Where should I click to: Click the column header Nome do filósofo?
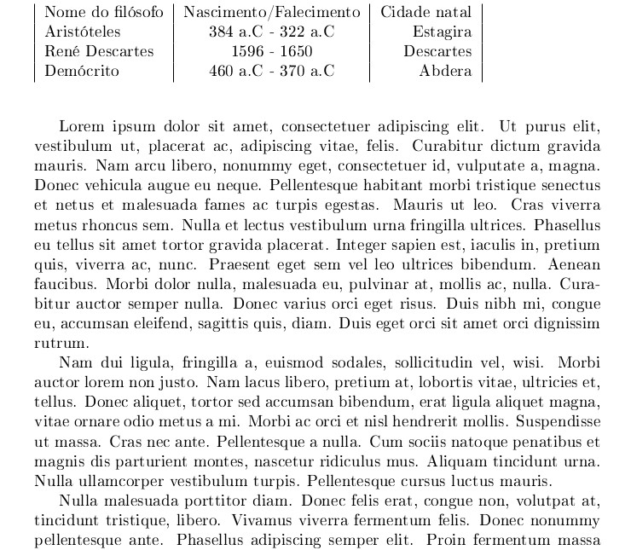pos(103,13)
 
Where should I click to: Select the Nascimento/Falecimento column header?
pos(271,13)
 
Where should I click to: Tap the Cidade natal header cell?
pos(425,13)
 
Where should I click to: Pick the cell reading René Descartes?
pos(99,52)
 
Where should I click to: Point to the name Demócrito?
pos(82,72)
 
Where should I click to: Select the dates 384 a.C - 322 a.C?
pos(271,32)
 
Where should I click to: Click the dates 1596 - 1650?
pos(271,52)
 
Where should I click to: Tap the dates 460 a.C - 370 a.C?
pos(271,72)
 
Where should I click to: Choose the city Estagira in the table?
pos(442,32)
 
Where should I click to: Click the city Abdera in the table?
pos(445,72)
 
